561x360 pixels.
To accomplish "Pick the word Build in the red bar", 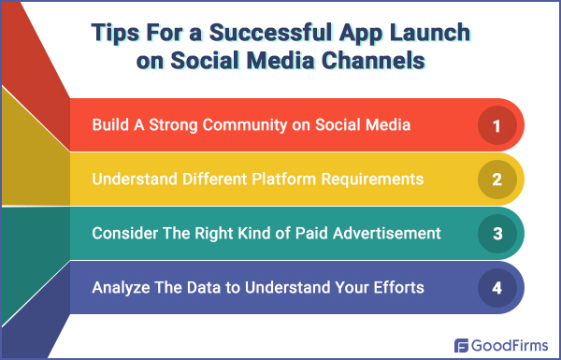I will [110, 124].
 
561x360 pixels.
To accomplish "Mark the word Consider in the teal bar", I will [122, 233].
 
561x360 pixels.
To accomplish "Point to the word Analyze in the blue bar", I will [119, 287].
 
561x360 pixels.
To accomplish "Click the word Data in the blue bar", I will [194, 287].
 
